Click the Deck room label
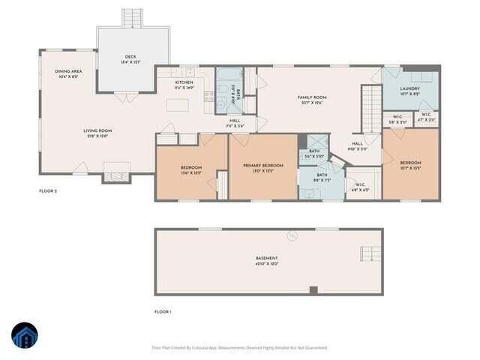tap(131, 58)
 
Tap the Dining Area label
tap(68, 73)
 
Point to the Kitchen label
tap(184, 85)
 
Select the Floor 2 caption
tap(48, 191)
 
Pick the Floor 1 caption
tap(163, 311)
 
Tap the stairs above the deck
tap(132, 17)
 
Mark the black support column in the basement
tap(313, 290)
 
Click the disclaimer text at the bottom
tap(240, 347)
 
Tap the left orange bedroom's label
tap(190, 169)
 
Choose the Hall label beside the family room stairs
tap(357, 145)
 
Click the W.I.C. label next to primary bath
tap(359, 187)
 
